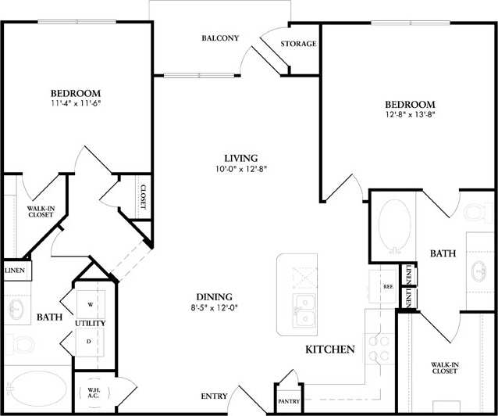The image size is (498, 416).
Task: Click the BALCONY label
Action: pyautogui.click(x=219, y=38)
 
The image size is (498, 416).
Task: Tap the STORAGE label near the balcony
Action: pyautogui.click(x=298, y=45)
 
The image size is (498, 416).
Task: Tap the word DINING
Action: pyautogui.click(x=214, y=296)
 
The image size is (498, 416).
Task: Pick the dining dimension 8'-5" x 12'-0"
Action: pyautogui.click(x=214, y=308)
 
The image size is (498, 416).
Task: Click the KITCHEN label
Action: pyautogui.click(x=331, y=349)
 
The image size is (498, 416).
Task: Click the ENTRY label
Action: pyautogui.click(x=215, y=397)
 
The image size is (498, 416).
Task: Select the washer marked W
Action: pyautogui.click(x=91, y=304)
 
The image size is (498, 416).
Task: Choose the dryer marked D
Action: pyautogui.click(x=91, y=341)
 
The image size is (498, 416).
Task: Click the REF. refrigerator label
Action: pyautogui.click(x=387, y=287)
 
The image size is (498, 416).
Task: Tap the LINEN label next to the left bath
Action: pyautogui.click(x=15, y=271)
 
